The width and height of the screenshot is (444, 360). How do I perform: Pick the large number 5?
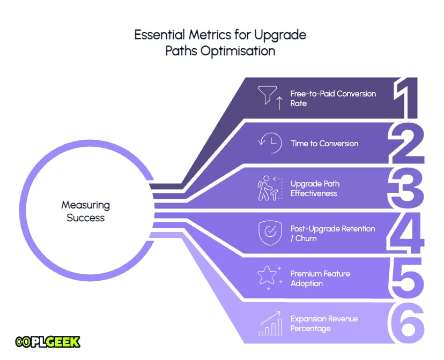coord(406,278)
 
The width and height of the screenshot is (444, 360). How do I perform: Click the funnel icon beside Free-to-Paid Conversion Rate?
coord(270,97)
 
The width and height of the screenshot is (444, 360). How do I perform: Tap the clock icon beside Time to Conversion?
coord(270,143)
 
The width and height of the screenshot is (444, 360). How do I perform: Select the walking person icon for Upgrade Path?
coord(270,188)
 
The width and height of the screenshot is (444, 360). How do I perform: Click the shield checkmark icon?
coord(270,232)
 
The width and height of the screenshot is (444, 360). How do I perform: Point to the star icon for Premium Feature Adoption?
coord(270,278)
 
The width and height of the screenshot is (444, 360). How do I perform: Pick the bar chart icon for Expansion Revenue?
coord(270,323)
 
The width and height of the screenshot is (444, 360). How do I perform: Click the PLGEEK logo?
coord(48,342)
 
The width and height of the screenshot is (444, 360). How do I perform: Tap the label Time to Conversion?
coord(324,144)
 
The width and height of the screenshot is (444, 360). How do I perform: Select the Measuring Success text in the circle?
coord(85,211)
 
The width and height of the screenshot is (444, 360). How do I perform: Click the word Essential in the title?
coord(159,35)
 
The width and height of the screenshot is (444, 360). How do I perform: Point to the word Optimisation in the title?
coord(238,51)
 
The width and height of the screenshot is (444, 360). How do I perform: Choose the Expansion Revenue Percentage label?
coord(324,324)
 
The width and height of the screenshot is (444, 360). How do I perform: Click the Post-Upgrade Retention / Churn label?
coord(332,234)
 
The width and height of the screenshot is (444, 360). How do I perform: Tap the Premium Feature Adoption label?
coord(320,278)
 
